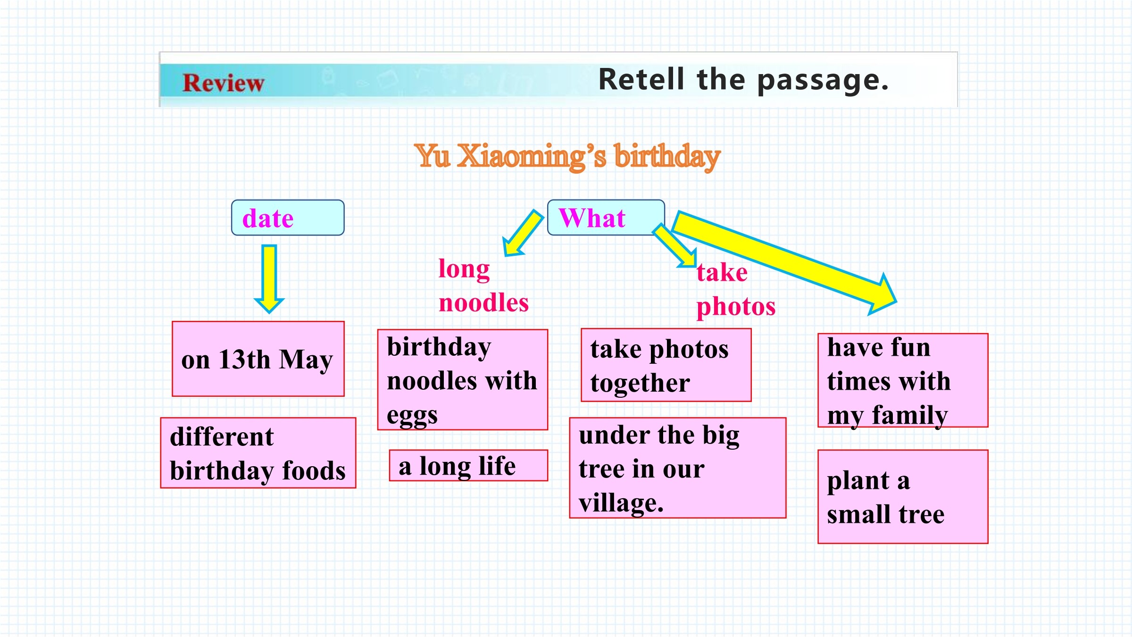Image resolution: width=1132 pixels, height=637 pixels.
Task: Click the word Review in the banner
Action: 223,83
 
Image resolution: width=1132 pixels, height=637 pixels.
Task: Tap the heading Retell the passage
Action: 743,80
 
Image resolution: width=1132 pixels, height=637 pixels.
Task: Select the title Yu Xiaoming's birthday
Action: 567,157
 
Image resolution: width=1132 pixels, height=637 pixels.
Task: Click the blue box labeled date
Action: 288,218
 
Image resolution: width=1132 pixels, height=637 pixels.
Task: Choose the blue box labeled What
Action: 606,218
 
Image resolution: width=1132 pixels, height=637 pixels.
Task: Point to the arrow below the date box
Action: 269,279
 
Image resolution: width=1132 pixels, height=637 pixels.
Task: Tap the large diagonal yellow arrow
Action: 784,262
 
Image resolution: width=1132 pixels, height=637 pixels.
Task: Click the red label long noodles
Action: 483,286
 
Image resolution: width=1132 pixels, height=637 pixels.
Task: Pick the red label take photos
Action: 736,290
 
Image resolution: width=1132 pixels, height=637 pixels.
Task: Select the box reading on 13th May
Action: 258,359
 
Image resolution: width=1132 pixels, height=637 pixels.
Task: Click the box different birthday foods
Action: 258,453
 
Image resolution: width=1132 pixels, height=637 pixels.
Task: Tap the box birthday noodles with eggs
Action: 462,380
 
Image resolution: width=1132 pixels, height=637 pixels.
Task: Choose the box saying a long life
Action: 468,465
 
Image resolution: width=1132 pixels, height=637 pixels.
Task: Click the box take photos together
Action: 666,365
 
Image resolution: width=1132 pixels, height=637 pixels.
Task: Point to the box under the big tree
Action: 678,468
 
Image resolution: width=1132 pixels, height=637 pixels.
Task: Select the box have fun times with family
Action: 903,380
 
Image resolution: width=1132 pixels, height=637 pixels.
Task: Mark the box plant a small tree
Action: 903,496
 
